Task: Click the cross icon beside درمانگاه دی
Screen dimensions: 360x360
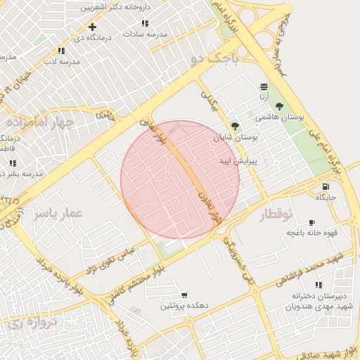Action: click(x=92, y=27)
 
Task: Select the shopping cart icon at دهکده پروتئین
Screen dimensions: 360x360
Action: click(x=184, y=295)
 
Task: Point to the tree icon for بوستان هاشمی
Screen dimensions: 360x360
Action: click(x=280, y=106)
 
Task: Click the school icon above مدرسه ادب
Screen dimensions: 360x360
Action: click(x=61, y=51)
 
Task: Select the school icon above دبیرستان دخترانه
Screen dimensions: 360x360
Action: click(x=318, y=285)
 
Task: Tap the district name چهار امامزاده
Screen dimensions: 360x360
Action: click(x=40, y=122)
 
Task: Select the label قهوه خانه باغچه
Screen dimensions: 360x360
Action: click(x=312, y=233)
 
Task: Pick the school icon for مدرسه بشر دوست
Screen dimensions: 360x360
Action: click(x=13, y=163)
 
